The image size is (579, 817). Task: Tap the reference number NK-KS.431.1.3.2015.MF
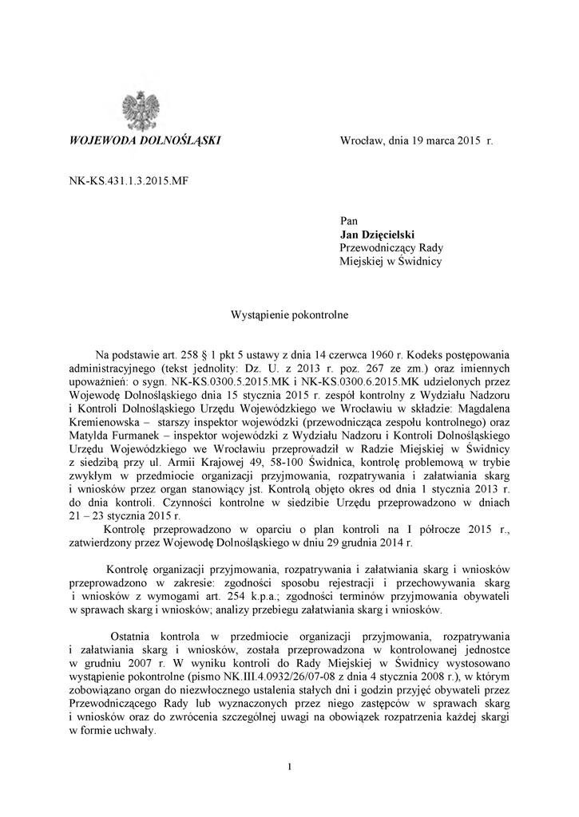[128, 181]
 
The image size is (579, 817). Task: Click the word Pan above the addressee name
[348, 220]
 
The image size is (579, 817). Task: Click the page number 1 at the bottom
[289, 767]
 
